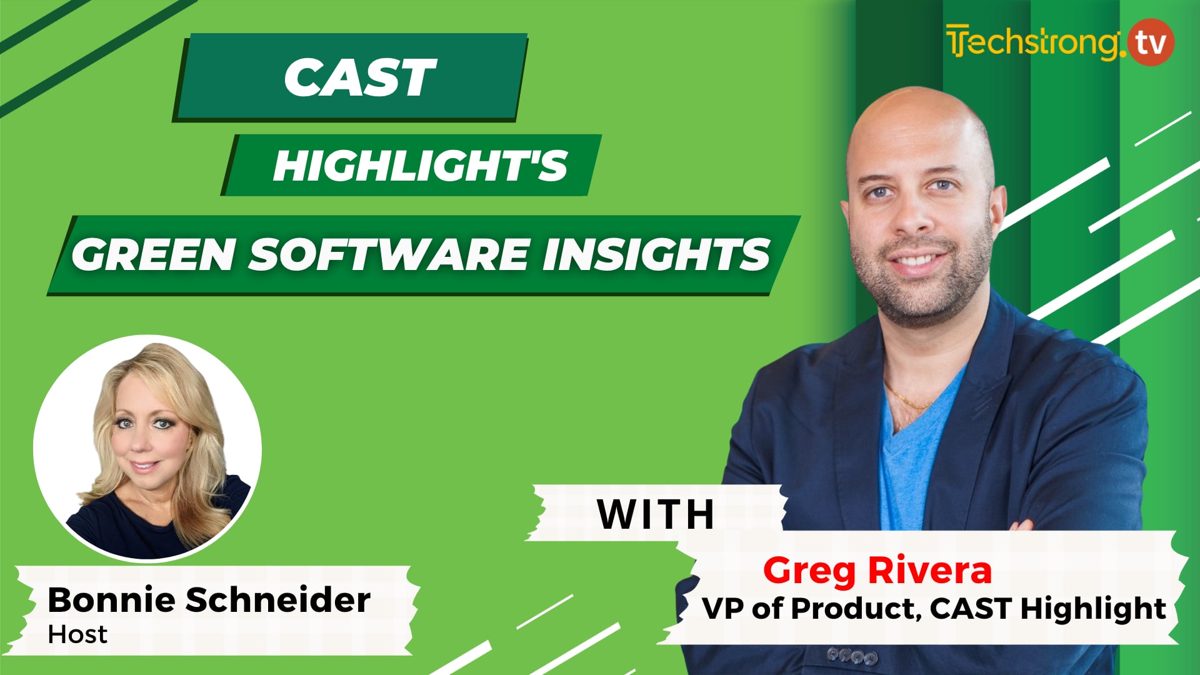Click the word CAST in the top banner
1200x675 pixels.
tap(359, 78)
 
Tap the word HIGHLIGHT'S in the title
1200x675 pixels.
tap(420, 166)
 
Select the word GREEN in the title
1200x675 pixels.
tap(154, 255)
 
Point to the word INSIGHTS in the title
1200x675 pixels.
tap(656, 255)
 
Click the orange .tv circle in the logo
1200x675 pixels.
tap(1151, 42)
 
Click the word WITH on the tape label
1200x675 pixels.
tap(656, 515)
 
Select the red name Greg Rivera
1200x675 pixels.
tap(877, 570)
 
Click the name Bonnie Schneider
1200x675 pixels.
tap(209, 600)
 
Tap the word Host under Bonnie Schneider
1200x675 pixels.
tap(77, 635)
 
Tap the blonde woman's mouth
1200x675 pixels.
tap(145, 466)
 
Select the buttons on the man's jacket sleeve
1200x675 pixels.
tap(852, 656)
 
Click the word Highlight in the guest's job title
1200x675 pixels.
tap(1092, 608)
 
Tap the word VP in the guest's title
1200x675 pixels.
tap(723, 608)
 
